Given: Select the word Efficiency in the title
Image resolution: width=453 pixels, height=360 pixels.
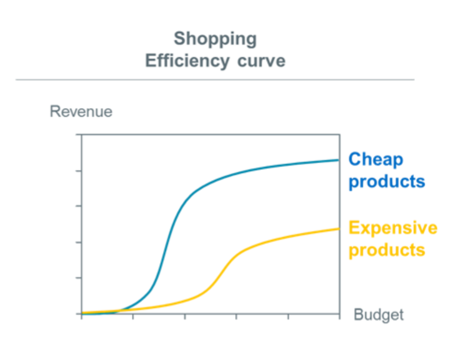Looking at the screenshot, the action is [187, 61].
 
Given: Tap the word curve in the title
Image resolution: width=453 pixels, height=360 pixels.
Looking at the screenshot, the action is [261, 61].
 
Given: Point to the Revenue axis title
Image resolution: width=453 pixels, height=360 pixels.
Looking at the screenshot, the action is [81, 111].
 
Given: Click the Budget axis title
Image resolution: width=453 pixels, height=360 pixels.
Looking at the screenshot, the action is [379, 315].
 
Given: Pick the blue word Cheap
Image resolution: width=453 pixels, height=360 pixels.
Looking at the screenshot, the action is [376, 159].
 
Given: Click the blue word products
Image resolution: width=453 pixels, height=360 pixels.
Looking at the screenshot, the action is [387, 182].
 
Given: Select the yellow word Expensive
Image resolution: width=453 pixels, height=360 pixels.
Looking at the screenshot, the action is [393, 228].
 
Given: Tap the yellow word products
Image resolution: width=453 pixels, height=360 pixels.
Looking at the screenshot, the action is [387, 250].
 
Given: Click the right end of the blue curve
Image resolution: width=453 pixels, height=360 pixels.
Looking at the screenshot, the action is [339, 160].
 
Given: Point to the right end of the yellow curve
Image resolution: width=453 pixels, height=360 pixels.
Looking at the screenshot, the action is [339, 229].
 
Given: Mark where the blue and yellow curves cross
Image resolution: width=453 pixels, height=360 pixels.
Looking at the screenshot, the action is [118, 311].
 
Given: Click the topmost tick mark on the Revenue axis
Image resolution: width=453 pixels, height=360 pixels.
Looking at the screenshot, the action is [79, 134].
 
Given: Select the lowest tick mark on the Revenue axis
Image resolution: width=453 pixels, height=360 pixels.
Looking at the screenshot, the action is [79, 314].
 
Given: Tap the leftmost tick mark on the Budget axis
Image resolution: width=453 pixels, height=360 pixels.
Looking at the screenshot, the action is [82, 316].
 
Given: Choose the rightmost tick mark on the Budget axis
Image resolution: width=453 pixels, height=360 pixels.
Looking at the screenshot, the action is [339, 316].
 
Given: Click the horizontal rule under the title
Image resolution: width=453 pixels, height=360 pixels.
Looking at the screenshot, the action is [215, 79].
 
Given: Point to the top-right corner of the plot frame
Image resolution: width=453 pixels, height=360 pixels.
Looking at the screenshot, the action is [339, 134].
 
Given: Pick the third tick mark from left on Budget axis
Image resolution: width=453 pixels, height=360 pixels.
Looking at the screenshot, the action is [185, 316].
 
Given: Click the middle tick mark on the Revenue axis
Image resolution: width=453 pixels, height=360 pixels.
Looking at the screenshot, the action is [79, 206].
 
